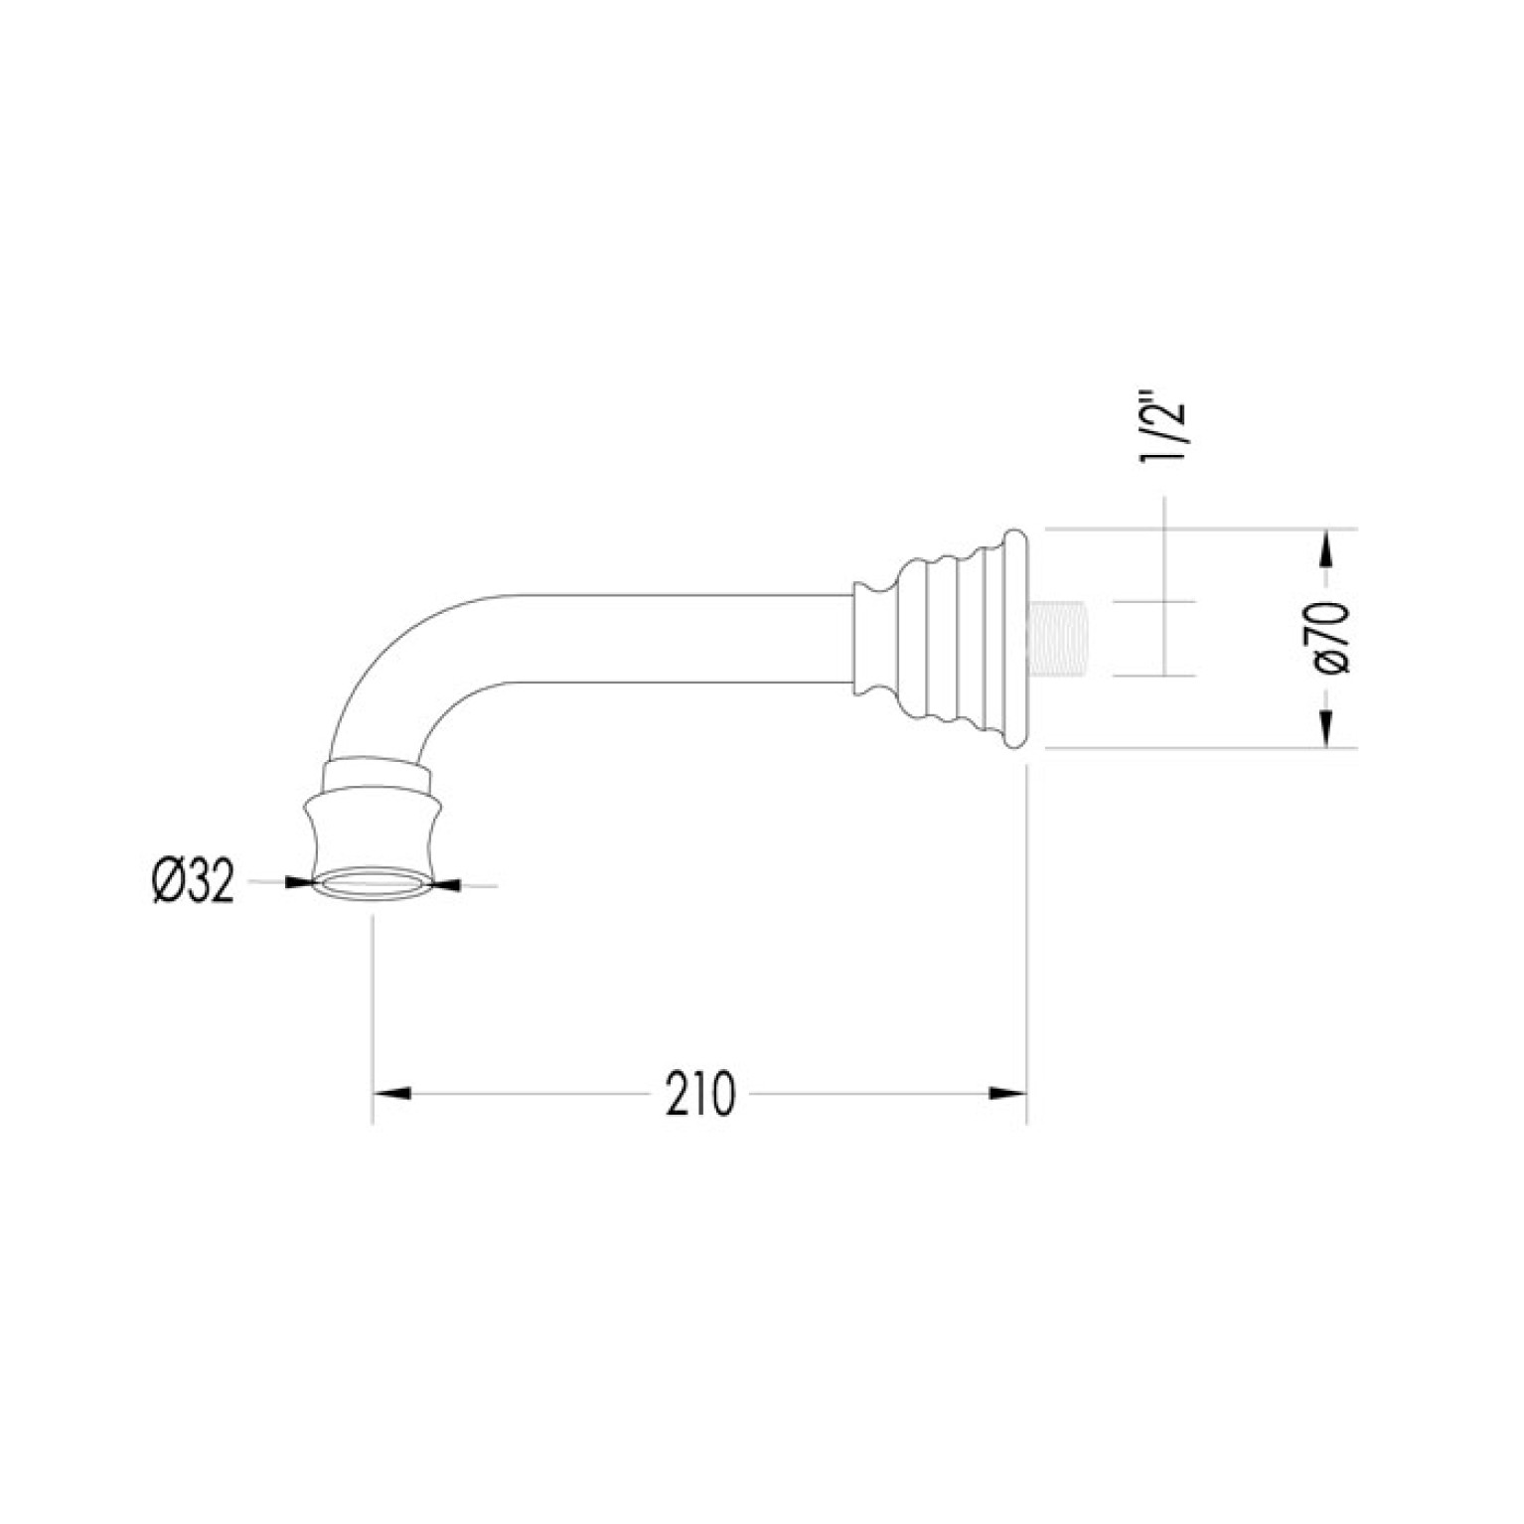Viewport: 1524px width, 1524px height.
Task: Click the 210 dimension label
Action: (x=700, y=1094)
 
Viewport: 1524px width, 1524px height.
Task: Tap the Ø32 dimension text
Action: (x=194, y=881)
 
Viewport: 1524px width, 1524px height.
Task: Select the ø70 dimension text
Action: (x=1334, y=638)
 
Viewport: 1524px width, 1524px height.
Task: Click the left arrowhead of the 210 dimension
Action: (x=390, y=1094)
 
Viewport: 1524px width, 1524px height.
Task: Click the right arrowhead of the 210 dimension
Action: (x=1007, y=1094)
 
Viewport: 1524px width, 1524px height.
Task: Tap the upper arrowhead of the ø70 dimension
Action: (x=1327, y=547)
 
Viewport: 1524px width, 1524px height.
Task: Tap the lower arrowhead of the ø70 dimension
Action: (x=1327, y=729)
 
